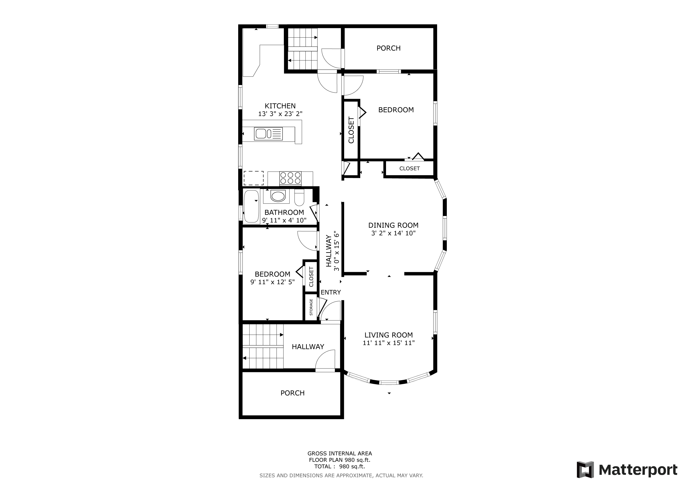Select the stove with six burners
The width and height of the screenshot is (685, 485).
click(290, 178)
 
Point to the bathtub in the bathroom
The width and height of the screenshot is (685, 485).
click(251, 206)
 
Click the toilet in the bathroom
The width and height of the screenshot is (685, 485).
click(299, 198)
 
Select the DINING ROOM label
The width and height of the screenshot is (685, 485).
click(393, 225)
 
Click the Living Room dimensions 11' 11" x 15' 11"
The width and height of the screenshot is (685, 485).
click(388, 343)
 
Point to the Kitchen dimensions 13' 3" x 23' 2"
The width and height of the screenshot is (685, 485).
click(280, 114)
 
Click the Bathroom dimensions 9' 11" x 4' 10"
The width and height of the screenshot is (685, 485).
click(284, 220)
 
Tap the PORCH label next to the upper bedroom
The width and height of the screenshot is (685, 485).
click(388, 48)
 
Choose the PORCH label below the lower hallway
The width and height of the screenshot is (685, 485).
click(292, 393)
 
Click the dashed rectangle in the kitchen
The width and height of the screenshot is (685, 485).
click(254, 178)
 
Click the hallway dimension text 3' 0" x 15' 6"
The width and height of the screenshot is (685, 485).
click(337, 251)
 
